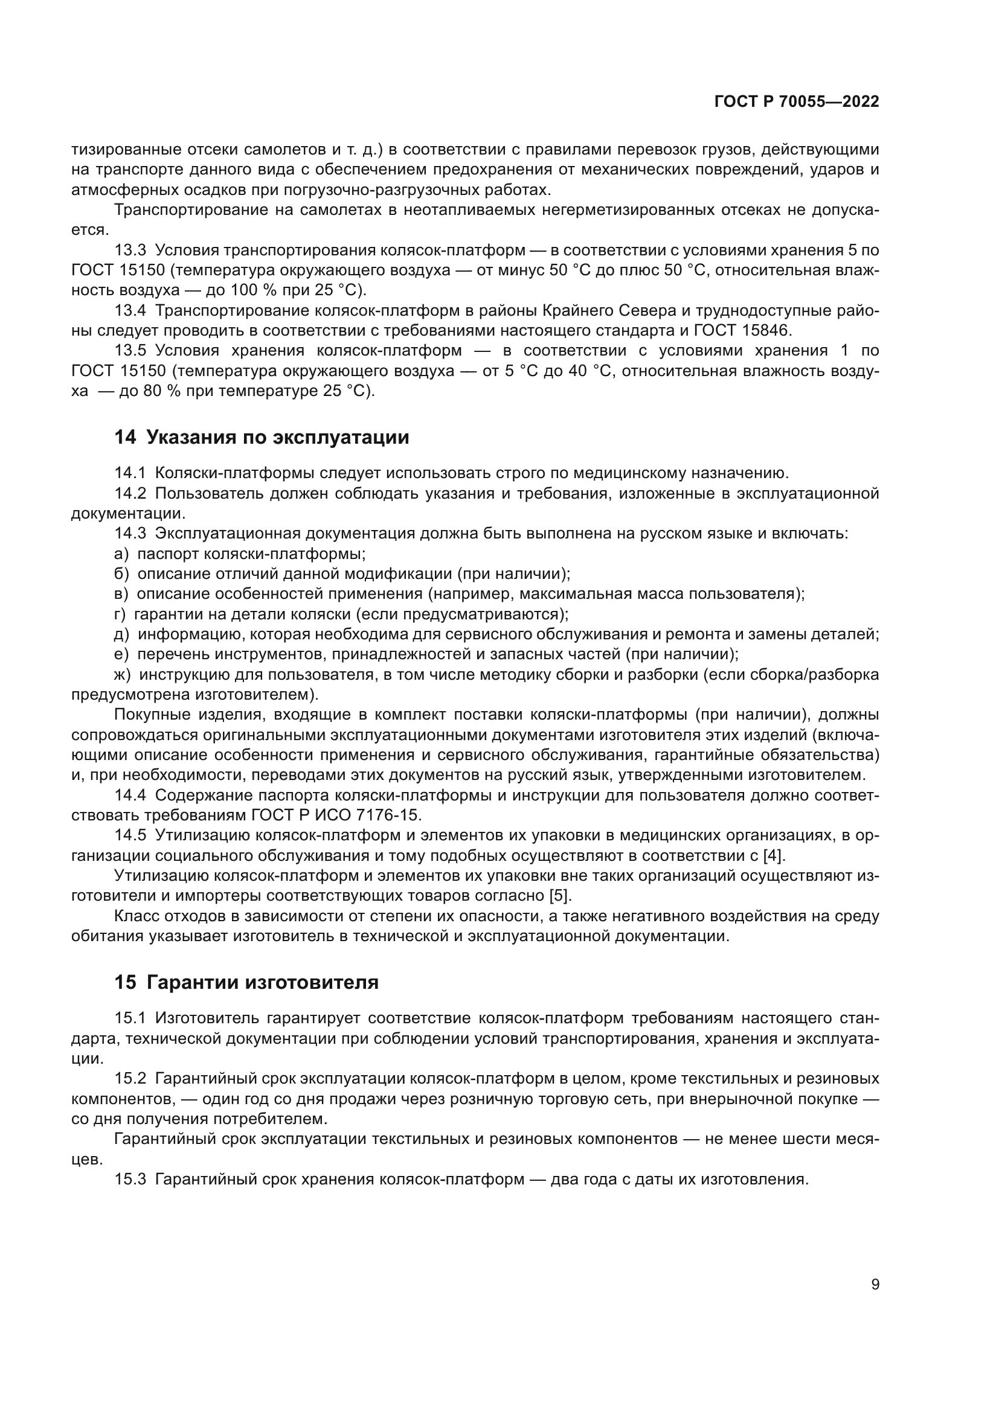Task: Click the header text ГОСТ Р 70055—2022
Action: pyautogui.click(x=797, y=101)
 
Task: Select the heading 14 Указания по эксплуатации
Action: pyautogui.click(x=262, y=437)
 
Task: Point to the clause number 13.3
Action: pyautogui.click(x=130, y=251)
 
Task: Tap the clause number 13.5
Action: pyautogui.click(x=130, y=351)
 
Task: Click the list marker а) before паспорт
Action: pyautogui.click(x=121, y=554)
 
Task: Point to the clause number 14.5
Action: pyautogui.click(x=130, y=835)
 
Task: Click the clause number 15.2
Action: pyautogui.click(x=130, y=1079)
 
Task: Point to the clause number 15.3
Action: pyautogui.click(x=130, y=1180)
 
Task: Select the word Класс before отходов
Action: pyautogui.click(x=136, y=916)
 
